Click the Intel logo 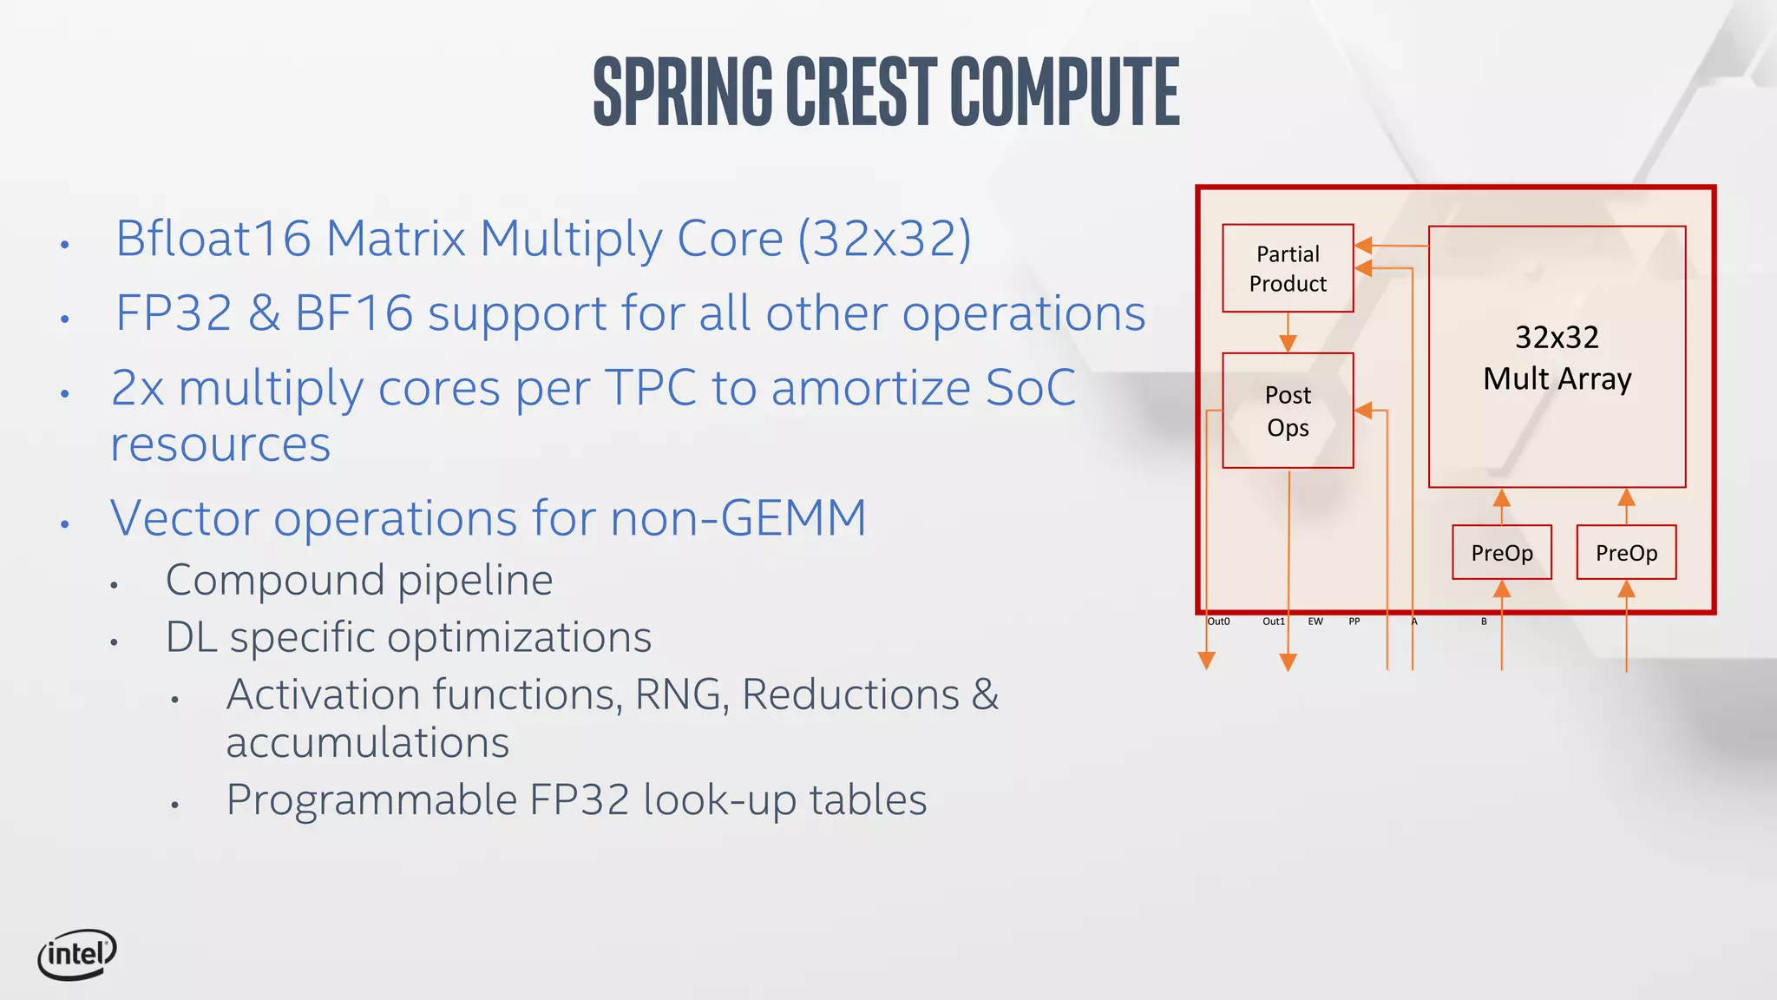point(76,954)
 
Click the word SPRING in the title point(683,91)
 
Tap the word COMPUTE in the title point(1065,91)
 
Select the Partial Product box point(1288,268)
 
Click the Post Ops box point(1288,411)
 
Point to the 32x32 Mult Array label point(1557,358)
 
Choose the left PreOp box point(1502,552)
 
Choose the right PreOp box point(1626,552)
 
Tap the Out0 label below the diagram point(1218,622)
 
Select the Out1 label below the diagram point(1274,622)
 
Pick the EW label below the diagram point(1315,622)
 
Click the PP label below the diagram point(1354,622)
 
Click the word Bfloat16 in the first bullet point(213,238)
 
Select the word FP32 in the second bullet point(174,312)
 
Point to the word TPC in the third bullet point(650,387)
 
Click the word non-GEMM point(738,518)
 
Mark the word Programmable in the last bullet point(371,799)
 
